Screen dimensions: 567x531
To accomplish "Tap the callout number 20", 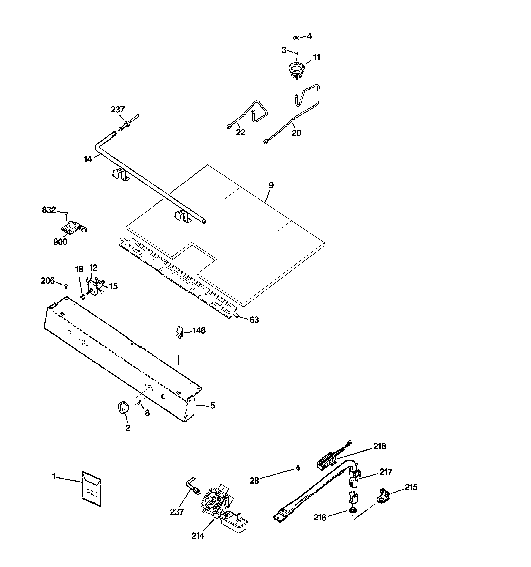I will (296, 133).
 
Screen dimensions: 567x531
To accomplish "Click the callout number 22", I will (240, 132).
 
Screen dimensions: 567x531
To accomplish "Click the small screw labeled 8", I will (139, 403).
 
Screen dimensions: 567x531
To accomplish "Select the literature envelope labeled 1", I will (92, 489).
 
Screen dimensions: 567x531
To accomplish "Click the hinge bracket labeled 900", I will (73, 227).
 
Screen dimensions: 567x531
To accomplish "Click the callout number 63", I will (254, 320).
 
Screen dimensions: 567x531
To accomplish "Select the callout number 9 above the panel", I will (271, 185).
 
